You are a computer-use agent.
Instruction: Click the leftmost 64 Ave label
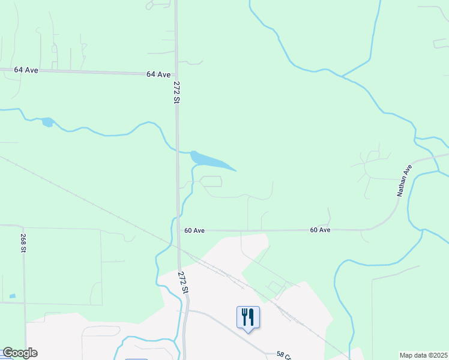[x=26, y=70]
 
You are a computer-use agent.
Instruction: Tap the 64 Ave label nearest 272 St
[x=158, y=74]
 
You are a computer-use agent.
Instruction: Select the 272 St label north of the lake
[x=176, y=93]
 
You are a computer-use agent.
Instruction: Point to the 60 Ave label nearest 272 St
[x=194, y=230]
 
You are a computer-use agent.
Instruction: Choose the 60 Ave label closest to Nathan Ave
[x=321, y=230]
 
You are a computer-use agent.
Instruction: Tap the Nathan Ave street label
[x=405, y=180]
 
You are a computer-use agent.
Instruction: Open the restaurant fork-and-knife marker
[x=249, y=316]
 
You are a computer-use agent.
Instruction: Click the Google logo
[x=20, y=353]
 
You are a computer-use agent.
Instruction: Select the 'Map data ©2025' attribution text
[x=423, y=355]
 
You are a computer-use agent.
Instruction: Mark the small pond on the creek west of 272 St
[x=47, y=122]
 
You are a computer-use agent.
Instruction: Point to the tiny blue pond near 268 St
[x=13, y=296]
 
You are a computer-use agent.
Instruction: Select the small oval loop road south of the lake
[x=211, y=181]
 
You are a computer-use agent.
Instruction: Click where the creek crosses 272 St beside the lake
[x=178, y=151]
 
